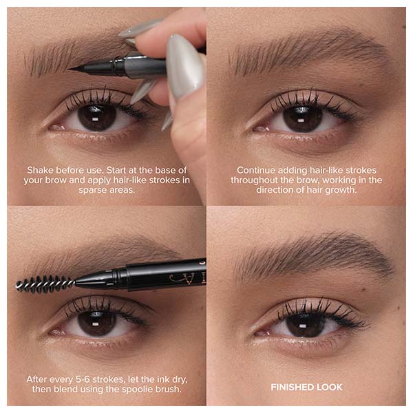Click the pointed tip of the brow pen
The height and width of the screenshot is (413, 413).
(x=69, y=69)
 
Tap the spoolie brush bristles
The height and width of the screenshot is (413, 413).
(x=45, y=284)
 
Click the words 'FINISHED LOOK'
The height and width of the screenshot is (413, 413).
(x=306, y=387)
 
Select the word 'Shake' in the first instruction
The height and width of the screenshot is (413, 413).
(x=41, y=170)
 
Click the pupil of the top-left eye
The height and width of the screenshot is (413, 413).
(x=97, y=118)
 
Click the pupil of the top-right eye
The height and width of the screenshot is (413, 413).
(x=302, y=119)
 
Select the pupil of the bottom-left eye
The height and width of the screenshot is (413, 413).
(x=97, y=323)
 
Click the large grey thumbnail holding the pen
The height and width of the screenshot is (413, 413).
(x=184, y=69)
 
